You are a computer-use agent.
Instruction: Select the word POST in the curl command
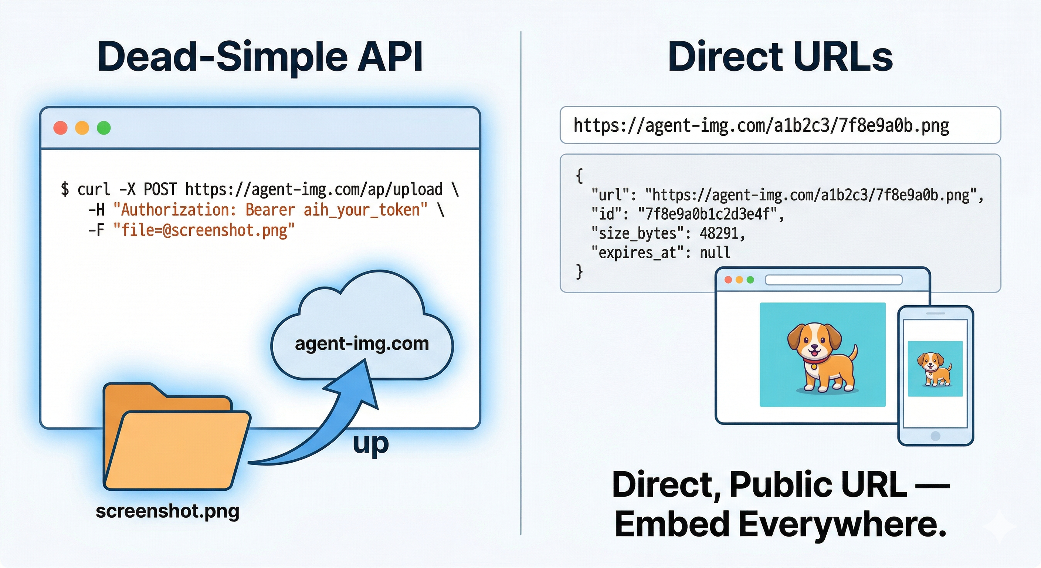click(160, 189)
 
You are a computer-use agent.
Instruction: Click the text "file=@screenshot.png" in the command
click(204, 230)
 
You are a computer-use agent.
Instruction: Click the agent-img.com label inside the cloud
click(362, 344)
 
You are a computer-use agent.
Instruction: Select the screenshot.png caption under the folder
click(167, 511)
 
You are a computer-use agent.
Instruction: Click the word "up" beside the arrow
click(370, 444)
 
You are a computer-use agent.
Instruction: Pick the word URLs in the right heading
click(843, 57)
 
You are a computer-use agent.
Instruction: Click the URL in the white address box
click(761, 125)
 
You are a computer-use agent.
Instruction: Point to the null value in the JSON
click(715, 253)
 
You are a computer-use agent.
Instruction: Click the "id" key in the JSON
click(606, 214)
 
